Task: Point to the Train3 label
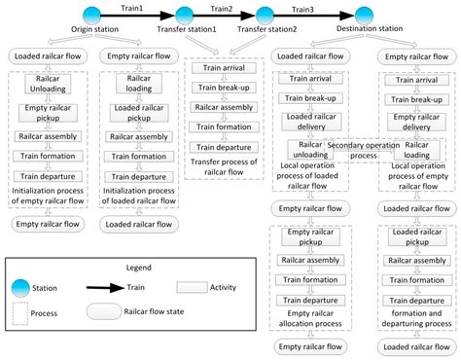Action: point(314,8)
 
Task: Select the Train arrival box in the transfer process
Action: point(226,69)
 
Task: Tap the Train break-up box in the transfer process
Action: point(226,89)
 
